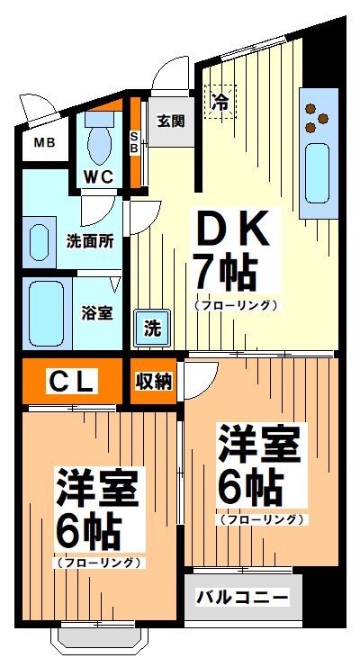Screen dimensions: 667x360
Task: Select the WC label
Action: point(99,176)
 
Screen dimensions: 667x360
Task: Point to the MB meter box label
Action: point(44,143)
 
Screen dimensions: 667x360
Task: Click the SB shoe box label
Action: point(135,144)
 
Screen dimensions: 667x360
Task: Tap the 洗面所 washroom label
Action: point(89,240)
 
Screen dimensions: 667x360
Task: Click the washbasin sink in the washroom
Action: point(38,242)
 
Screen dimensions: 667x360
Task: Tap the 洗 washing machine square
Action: point(151,328)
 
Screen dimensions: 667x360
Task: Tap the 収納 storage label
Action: point(154,381)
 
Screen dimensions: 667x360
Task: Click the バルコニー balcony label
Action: point(243,598)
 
